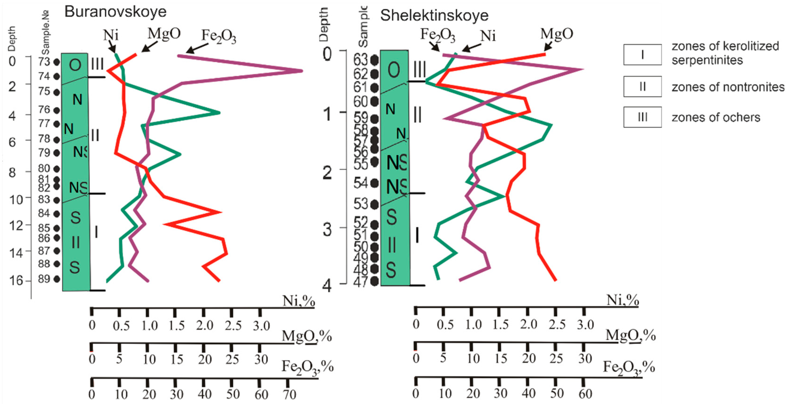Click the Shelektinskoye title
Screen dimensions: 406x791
[x=434, y=15]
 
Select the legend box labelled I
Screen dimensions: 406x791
[x=642, y=55]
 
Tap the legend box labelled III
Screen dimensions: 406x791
[x=642, y=117]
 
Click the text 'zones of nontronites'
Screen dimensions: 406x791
[x=728, y=87]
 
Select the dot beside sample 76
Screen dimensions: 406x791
[x=56, y=110]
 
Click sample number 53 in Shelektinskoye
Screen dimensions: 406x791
[x=361, y=204]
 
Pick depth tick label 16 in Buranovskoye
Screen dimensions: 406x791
[x=16, y=280]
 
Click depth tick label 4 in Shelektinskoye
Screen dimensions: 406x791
[x=327, y=286]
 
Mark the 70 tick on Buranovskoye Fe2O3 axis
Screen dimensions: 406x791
[x=289, y=394]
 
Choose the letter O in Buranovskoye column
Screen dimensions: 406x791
[x=75, y=65]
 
